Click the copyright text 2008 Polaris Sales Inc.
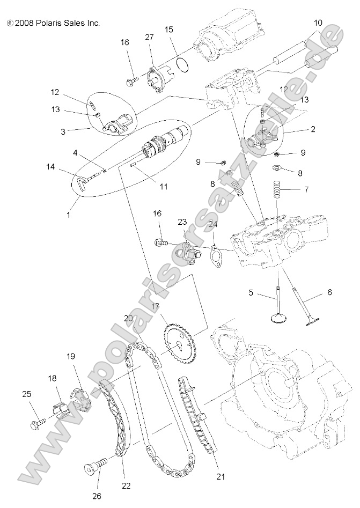(x=53, y=23)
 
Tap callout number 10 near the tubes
(x=318, y=23)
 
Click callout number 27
(x=150, y=36)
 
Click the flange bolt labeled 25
(x=35, y=424)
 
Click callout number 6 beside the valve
(x=329, y=293)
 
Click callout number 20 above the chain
(x=128, y=318)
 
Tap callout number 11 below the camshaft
(x=163, y=187)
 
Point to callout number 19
(x=71, y=356)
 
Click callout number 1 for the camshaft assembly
(x=68, y=215)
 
